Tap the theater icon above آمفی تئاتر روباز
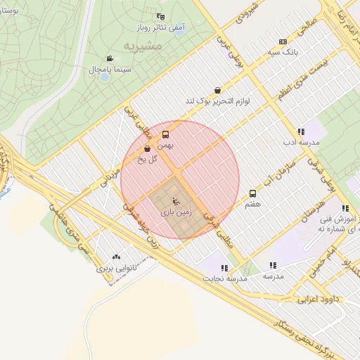[x=161, y=17]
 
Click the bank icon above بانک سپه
[x=283, y=41]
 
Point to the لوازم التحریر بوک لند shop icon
[x=217, y=90]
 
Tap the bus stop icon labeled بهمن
[x=166, y=134]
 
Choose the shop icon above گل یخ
[x=147, y=148]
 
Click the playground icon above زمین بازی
[x=175, y=203]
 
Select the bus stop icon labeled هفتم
[x=252, y=193]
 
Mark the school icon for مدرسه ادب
[x=301, y=131]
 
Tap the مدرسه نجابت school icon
[x=224, y=268]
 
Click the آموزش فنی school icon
[x=345, y=208]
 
